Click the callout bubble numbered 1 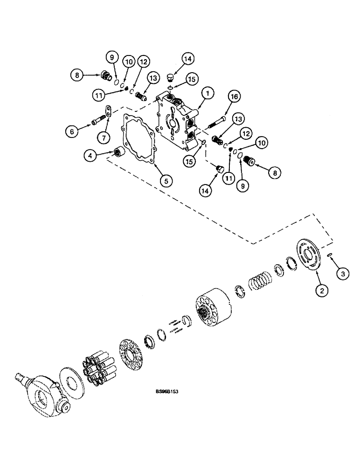click(x=208, y=93)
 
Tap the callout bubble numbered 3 click(x=343, y=274)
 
